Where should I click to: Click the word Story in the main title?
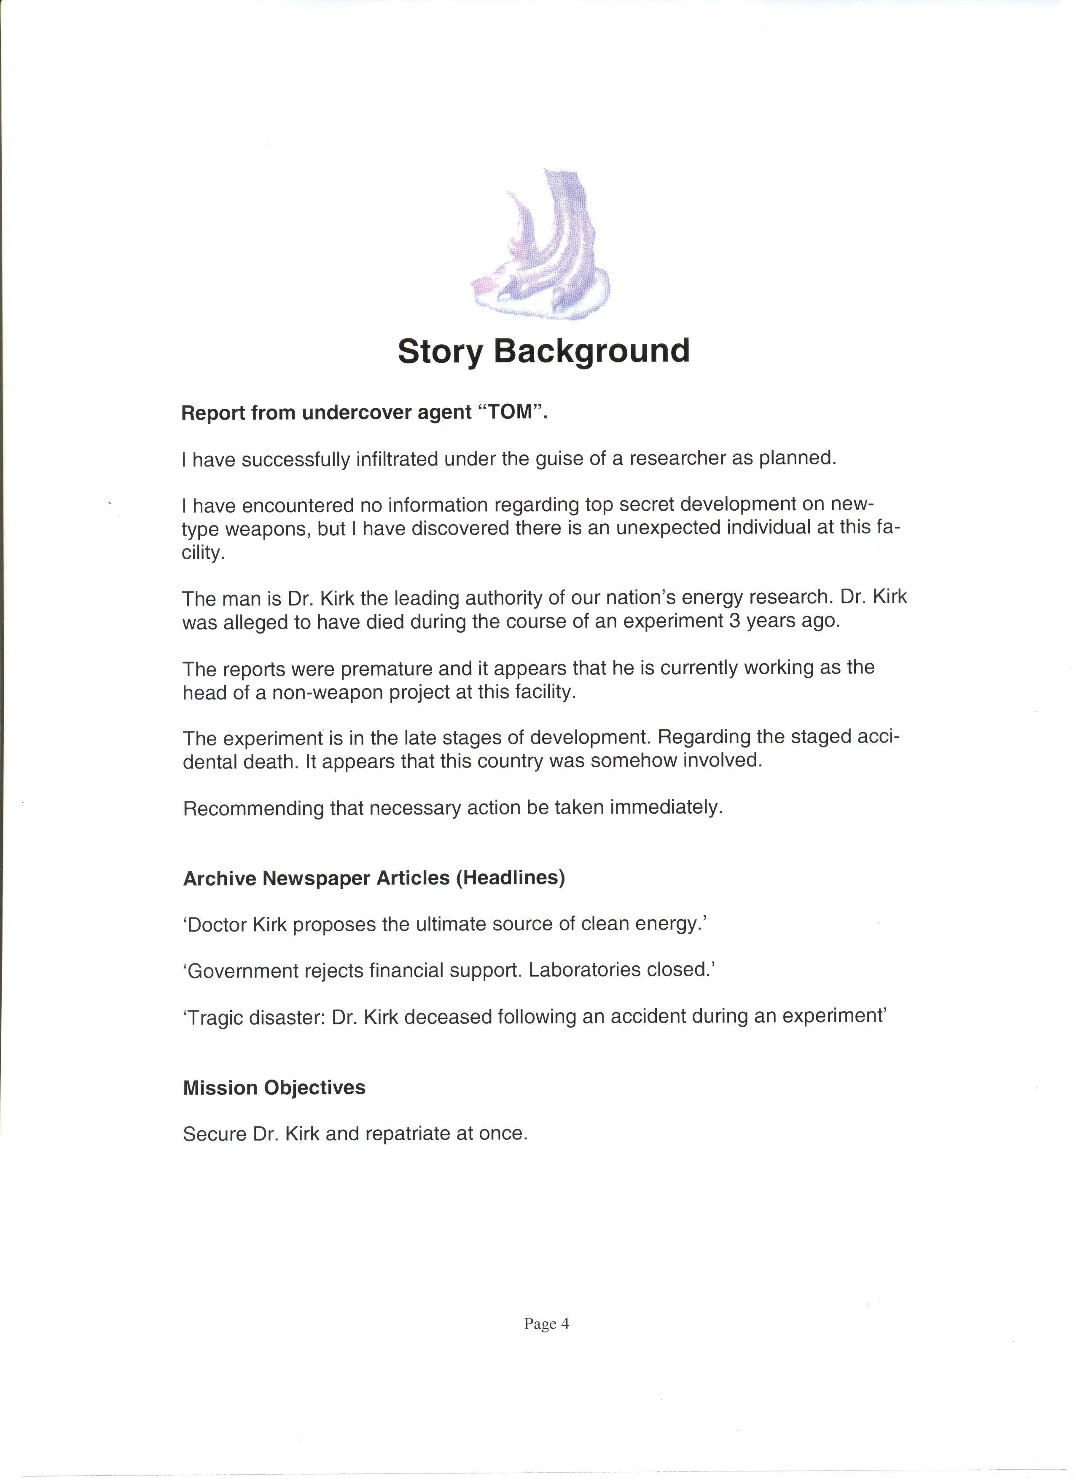point(440,352)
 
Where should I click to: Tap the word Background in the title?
point(591,352)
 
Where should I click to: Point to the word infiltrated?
point(397,459)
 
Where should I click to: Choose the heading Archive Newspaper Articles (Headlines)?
point(374,879)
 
